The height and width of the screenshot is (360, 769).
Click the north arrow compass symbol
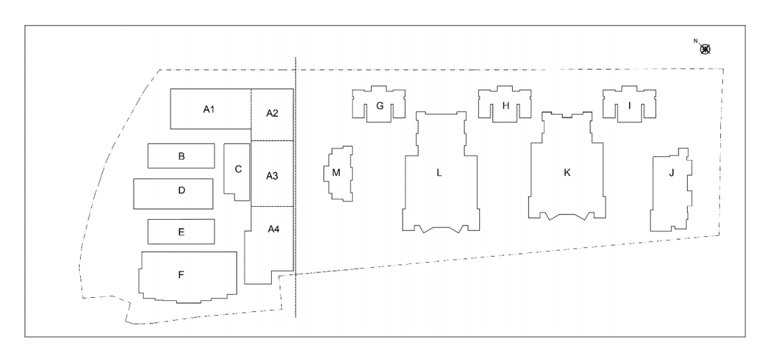(706, 49)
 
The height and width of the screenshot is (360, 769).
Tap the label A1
(208, 110)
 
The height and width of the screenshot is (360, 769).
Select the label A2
(272, 113)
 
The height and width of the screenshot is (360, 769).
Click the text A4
(274, 229)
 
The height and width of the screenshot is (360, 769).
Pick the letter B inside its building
(181, 156)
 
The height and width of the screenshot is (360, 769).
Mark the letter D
(181, 190)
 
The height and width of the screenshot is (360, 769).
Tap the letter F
(181, 275)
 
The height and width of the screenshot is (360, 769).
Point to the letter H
(506, 106)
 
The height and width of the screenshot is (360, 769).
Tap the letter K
(566, 172)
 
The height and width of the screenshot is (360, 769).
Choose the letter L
(440, 172)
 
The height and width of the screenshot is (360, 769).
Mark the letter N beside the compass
(695, 41)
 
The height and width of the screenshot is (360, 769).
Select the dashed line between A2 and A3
(272, 140)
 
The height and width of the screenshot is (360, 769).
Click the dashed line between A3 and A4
(272, 206)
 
